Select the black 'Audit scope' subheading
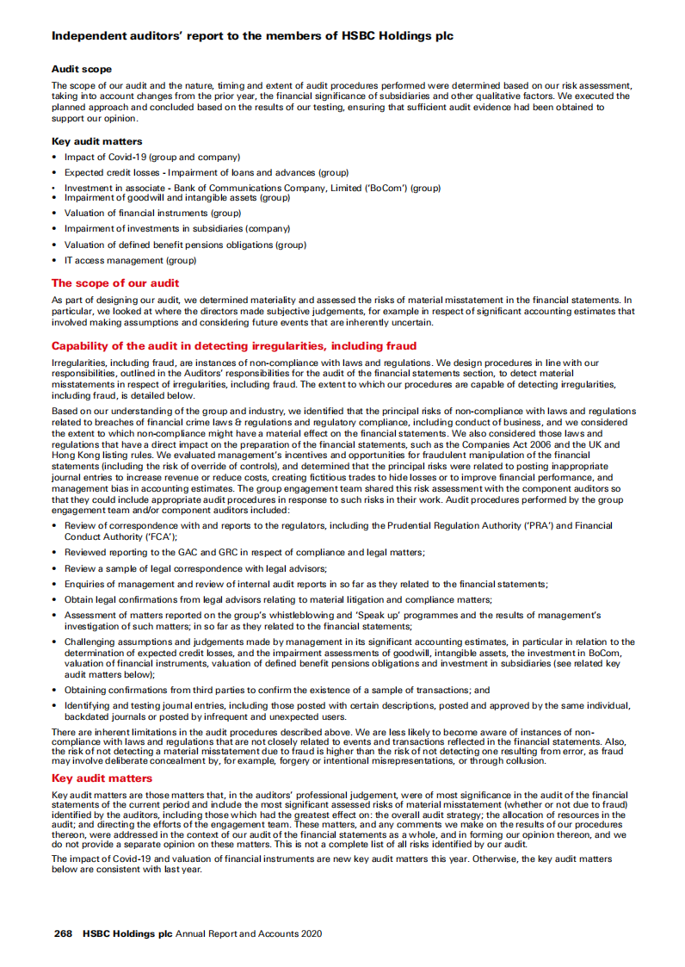(x=82, y=69)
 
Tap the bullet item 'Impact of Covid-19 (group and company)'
(x=151, y=157)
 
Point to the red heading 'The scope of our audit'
(x=115, y=282)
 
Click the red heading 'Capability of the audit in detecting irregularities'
(x=234, y=345)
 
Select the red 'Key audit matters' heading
(x=102, y=778)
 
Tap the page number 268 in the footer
(x=63, y=933)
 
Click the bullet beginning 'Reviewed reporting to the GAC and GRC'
(x=244, y=552)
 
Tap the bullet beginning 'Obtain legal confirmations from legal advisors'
(x=278, y=599)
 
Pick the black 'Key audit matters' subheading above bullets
(x=97, y=141)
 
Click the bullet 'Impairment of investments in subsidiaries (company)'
(x=176, y=229)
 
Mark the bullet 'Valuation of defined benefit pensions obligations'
(x=184, y=245)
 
